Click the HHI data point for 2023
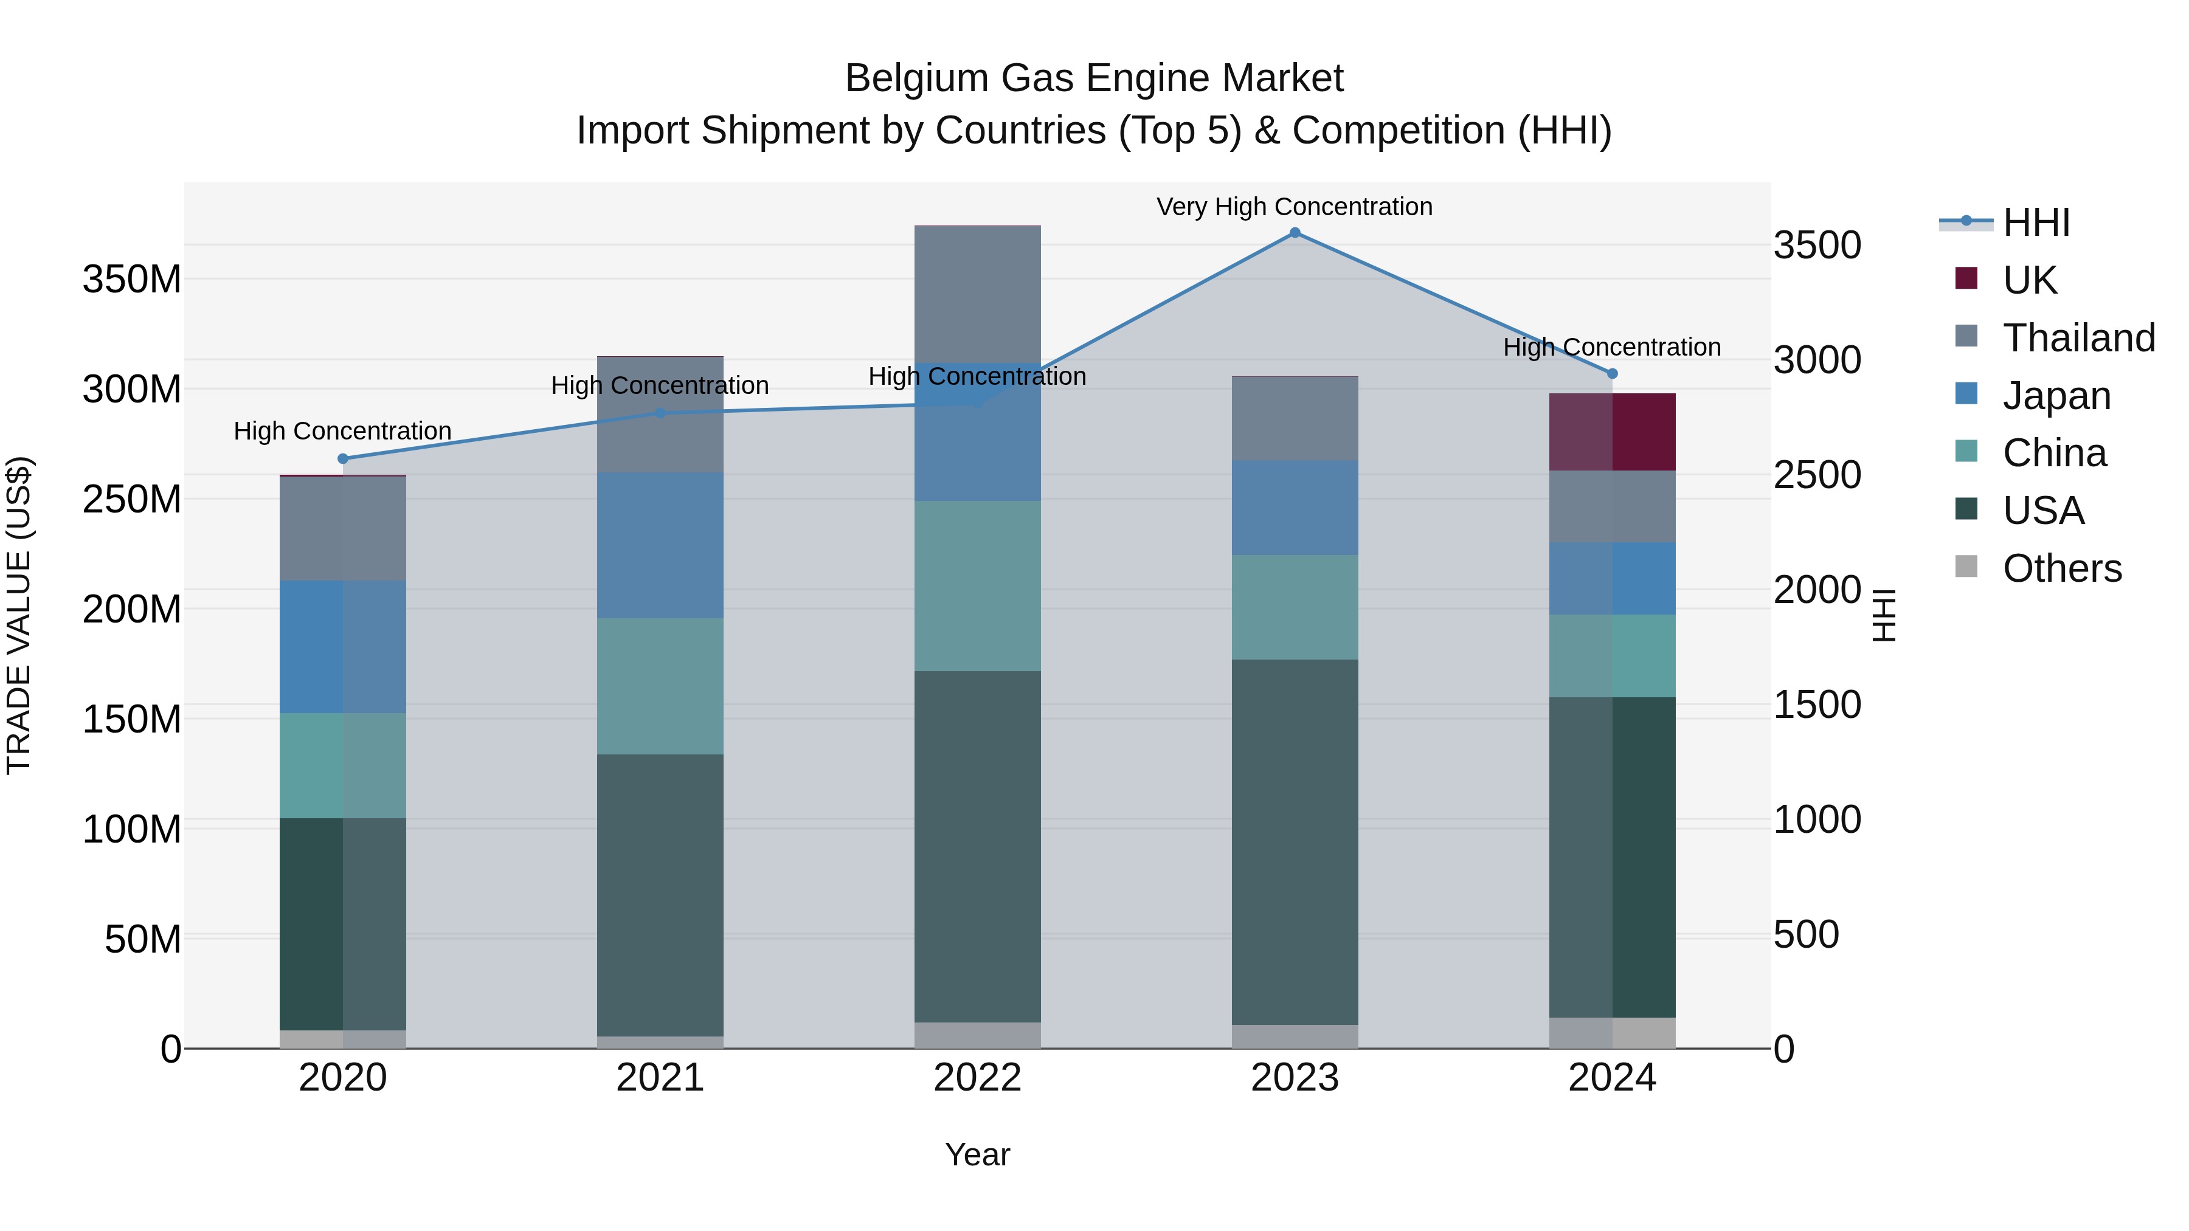1294,233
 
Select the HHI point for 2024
1612,374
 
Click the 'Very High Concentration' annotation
1294,207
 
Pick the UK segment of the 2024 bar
1612,432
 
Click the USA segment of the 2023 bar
1294,841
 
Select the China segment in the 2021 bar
660,686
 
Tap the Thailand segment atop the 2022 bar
977,294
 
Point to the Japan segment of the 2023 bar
1294,508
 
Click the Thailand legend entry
2078,338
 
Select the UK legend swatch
1966,278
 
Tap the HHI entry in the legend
2035,222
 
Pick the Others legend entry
2061,568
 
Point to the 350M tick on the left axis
132,280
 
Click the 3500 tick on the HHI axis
1817,246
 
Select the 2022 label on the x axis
977,1078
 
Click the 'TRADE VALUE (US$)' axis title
19,615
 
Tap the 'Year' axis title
977,1154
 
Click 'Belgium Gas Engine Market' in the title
1094,78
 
